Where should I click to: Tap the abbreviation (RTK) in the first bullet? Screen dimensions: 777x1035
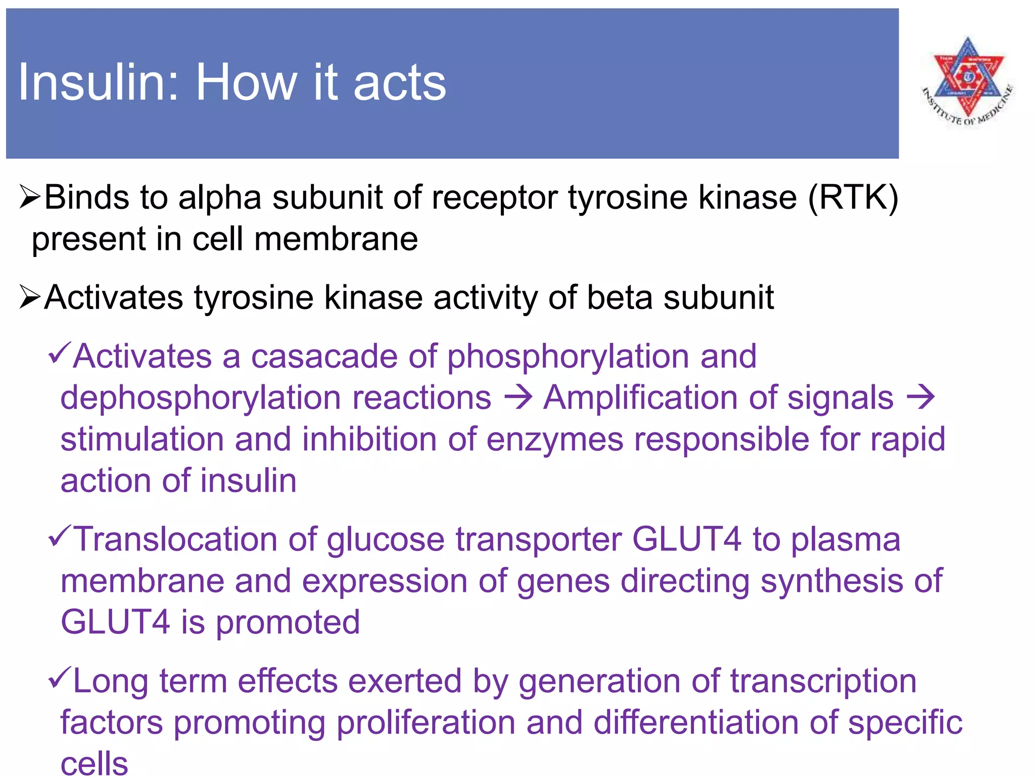point(853,197)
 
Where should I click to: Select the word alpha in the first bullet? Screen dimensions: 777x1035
point(219,198)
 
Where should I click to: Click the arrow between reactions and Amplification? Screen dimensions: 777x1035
point(518,398)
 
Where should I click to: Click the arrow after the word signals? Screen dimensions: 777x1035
point(921,398)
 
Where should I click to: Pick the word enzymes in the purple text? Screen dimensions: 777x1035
point(554,440)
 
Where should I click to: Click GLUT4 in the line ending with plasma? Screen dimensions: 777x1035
point(686,539)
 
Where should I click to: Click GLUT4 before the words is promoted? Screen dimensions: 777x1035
point(115,622)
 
